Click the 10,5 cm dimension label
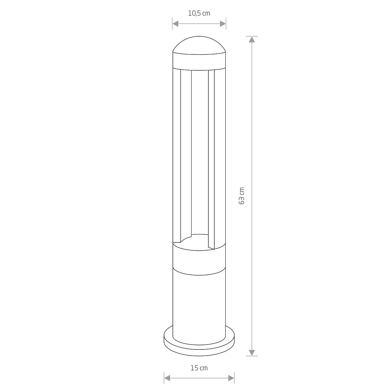[199, 14]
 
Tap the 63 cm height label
[242, 195]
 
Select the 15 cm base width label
[199, 368]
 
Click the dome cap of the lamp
[199, 45]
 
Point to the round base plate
[199, 347]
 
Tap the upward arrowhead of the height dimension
[252, 39]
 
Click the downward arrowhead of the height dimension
[252, 352]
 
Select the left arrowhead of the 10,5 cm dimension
[176, 24]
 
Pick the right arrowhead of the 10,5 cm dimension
[223, 24]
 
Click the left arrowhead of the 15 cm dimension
[167, 378]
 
